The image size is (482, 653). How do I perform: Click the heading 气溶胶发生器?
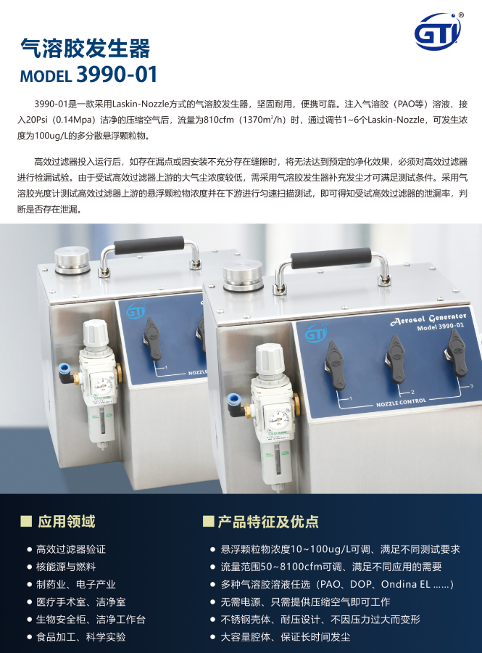(86, 48)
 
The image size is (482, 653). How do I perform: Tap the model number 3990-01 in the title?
(117, 75)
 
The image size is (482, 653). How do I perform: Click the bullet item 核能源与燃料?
(66, 567)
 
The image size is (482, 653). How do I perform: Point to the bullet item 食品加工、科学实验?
(80, 637)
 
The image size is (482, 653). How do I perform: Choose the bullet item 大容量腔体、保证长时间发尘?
(286, 637)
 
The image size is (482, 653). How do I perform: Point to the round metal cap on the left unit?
(72, 260)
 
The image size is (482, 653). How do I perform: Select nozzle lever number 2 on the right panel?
(396, 359)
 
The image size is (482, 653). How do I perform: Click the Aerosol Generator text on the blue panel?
(429, 319)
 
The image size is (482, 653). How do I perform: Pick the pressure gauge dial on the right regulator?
(275, 419)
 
